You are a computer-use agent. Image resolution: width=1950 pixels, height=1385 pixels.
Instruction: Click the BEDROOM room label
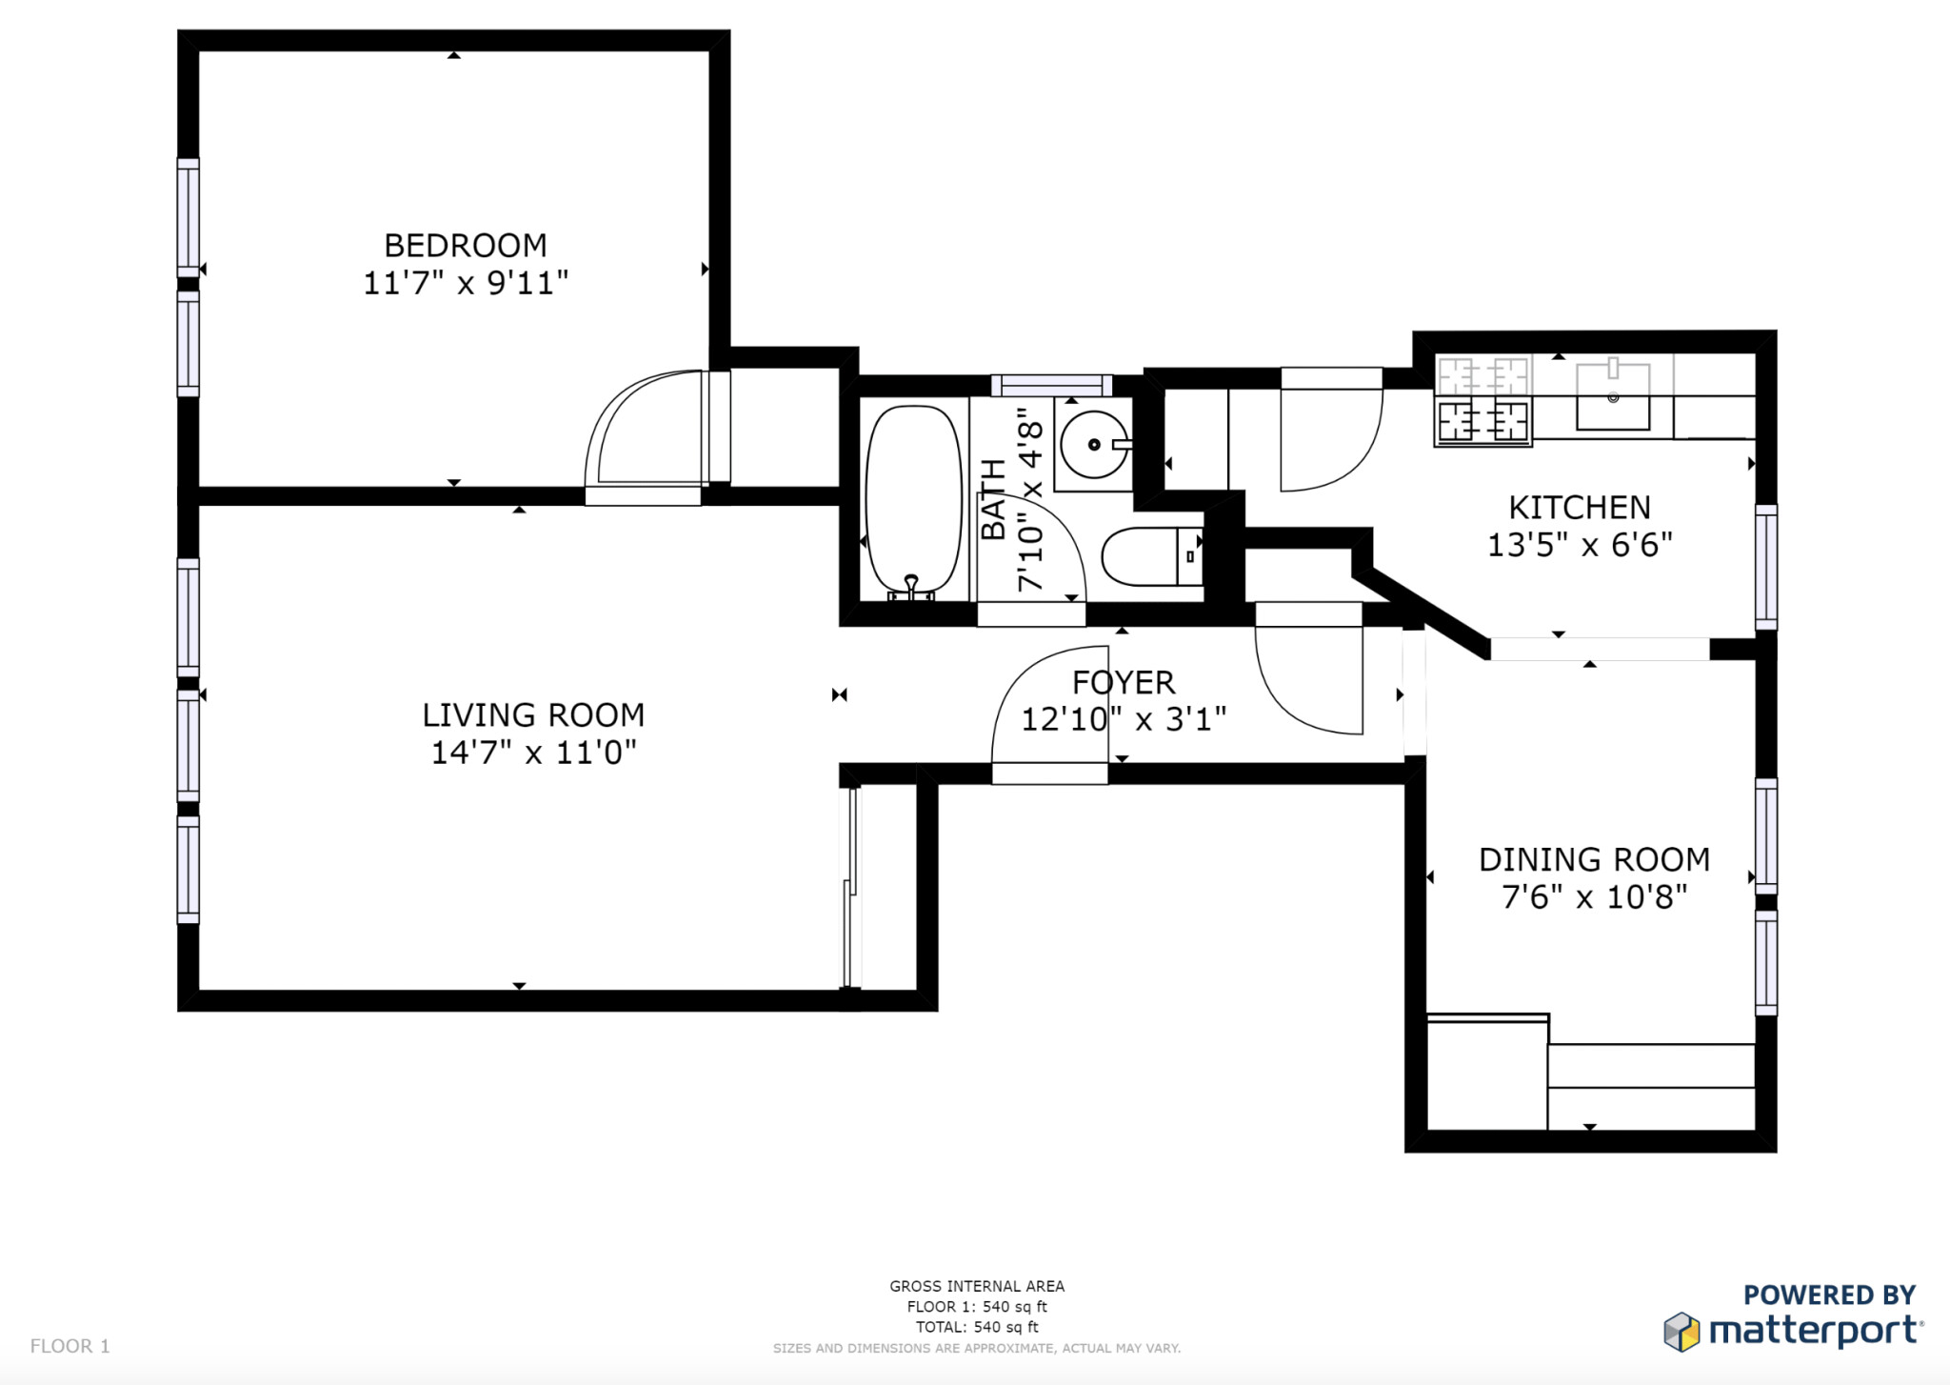coord(466,246)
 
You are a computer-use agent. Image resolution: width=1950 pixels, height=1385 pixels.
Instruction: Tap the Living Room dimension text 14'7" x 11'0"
coord(533,753)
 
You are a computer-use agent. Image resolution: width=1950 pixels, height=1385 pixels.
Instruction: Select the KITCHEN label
coord(1580,508)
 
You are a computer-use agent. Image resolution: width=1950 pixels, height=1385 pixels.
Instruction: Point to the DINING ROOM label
coord(1594,860)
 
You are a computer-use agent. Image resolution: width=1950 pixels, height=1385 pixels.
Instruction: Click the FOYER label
coord(1124,683)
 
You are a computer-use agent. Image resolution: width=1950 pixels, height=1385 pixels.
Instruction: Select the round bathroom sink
coord(1095,444)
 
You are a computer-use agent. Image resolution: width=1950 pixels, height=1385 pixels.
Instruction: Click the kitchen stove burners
coord(1482,401)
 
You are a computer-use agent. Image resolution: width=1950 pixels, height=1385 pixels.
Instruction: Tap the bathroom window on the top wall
coord(1051,385)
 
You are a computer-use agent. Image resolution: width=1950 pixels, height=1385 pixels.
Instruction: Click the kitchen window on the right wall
coord(1766,567)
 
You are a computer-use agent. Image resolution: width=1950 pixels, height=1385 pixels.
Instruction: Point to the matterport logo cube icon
coord(1681,1332)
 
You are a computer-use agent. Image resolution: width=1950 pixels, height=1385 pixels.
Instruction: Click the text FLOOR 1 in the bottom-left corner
coord(70,1346)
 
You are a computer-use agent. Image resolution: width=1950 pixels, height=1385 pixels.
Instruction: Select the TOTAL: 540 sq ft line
coord(977,1327)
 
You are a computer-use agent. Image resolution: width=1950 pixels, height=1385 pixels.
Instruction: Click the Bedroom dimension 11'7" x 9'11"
coord(466,283)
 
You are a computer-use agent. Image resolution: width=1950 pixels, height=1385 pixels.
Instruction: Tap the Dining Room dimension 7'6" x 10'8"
coord(1594,897)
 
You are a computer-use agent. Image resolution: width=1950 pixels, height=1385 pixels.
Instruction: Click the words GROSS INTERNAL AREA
coord(977,1286)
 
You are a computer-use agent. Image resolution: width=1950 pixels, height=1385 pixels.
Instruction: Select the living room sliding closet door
coord(851,886)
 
